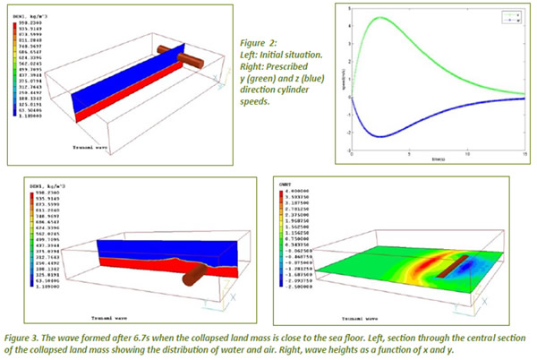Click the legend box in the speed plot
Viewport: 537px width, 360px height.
click(510, 17)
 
